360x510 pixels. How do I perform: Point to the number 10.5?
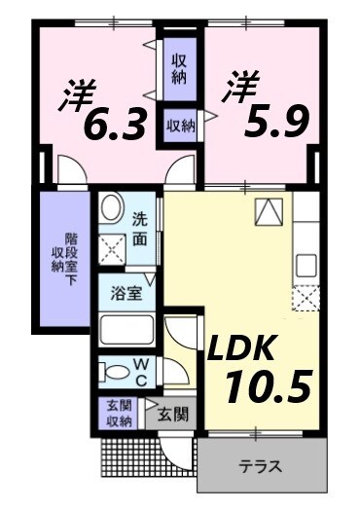pos(268,386)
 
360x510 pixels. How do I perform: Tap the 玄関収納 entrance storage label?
pos(118,414)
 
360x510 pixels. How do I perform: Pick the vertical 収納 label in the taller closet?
pos(179,68)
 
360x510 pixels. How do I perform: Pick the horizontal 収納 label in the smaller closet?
pos(179,125)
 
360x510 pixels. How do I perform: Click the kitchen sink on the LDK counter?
pos(306,264)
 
